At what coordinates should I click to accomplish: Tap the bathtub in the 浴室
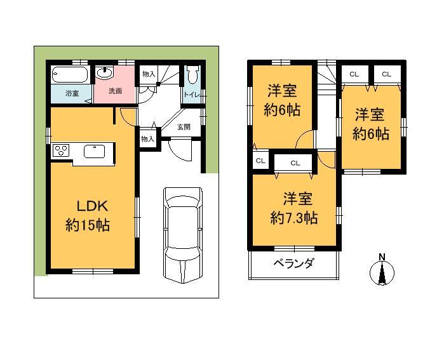(x=71, y=76)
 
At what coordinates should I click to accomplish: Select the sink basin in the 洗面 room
(x=105, y=74)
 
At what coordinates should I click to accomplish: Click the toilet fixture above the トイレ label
(x=192, y=76)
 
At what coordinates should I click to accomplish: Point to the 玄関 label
(x=184, y=126)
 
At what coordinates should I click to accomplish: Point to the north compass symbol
(x=382, y=274)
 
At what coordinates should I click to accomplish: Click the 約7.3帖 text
(x=294, y=218)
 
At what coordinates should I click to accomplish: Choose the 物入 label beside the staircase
(x=149, y=74)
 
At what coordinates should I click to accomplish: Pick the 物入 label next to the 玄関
(x=147, y=138)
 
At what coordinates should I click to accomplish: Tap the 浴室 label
(x=72, y=93)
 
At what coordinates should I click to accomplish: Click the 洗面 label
(x=115, y=91)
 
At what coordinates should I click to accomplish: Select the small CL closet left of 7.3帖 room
(x=260, y=161)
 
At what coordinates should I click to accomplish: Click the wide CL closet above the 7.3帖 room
(x=295, y=163)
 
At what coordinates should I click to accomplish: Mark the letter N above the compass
(x=382, y=257)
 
